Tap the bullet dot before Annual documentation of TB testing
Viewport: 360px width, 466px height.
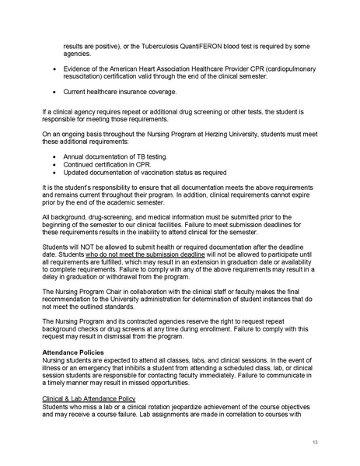[x=53, y=157]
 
